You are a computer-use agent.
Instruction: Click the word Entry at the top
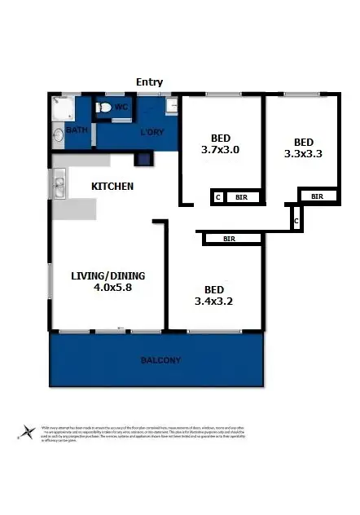coord(150,81)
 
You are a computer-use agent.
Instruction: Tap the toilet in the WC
coord(104,108)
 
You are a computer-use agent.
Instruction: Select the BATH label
coord(77,130)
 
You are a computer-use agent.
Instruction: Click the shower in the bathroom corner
coord(59,105)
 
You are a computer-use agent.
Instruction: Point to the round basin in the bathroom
coord(57,136)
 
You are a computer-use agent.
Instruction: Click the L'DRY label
coord(153,132)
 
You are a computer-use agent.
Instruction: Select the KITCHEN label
coord(112,187)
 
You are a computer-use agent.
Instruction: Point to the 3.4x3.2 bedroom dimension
coord(214,302)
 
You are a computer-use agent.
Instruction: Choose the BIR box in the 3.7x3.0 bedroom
coord(242,197)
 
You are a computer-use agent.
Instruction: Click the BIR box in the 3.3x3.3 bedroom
coord(317,196)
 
